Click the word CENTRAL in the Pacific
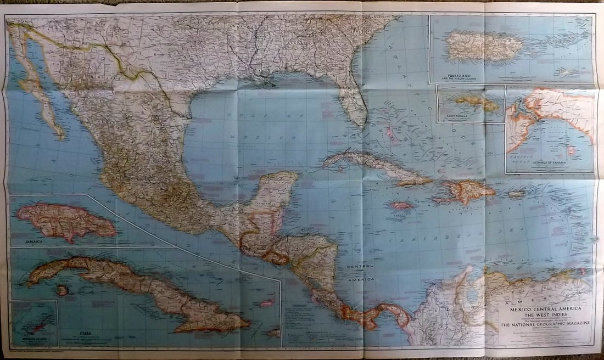pyautogui.click(x=360, y=266)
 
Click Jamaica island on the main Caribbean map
pyautogui.click(x=401, y=206)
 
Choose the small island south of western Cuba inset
pyautogui.click(x=63, y=290)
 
